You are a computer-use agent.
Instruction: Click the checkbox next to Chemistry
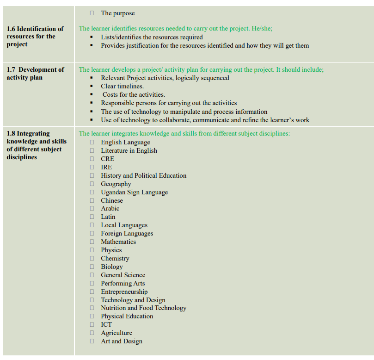[92, 259]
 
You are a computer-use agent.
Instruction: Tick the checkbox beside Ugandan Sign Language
[92, 192]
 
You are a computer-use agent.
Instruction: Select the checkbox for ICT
[92, 325]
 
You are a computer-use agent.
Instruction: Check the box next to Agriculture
[92, 333]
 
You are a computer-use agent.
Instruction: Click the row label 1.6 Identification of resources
[35, 37]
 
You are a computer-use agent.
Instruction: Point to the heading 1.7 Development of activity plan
[35, 74]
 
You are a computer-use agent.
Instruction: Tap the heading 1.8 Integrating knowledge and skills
[36, 145]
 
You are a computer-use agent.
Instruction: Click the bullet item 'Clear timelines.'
[122, 86]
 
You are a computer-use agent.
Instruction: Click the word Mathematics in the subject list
[118, 242]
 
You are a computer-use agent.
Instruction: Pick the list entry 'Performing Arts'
[123, 283]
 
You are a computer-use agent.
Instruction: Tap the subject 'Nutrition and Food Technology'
[143, 308]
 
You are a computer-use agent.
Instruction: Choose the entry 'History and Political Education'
[143, 175]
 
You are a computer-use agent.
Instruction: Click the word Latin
[108, 217]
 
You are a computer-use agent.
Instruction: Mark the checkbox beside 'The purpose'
[92, 13]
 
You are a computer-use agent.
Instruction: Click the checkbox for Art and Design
[92, 341]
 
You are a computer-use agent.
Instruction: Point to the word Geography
[116, 184]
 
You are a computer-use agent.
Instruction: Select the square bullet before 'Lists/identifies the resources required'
[92, 37]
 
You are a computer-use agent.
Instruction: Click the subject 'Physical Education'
[127, 316]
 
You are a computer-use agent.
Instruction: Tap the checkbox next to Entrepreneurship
[92, 292]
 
